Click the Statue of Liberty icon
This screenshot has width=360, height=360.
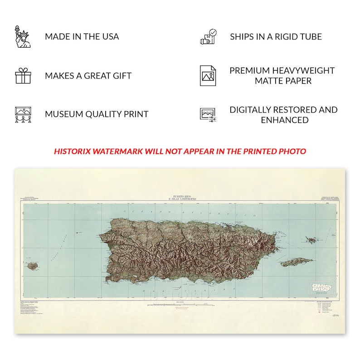pyautogui.click(x=23, y=37)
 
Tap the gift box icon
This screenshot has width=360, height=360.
pyautogui.click(x=23, y=76)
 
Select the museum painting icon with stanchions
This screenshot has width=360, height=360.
pyautogui.click(x=23, y=115)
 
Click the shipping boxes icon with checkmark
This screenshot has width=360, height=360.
pyautogui.click(x=209, y=37)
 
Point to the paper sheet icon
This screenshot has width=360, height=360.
pyautogui.click(x=208, y=76)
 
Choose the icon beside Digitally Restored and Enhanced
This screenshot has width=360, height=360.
pyautogui.click(x=208, y=115)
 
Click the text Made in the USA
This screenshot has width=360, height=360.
pyautogui.click(x=82, y=37)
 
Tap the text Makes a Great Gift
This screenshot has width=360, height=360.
pyautogui.click(x=88, y=76)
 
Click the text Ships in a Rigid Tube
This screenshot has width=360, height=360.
pyautogui.click(x=276, y=37)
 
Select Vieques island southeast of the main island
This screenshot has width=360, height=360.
pyautogui.click(x=296, y=262)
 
